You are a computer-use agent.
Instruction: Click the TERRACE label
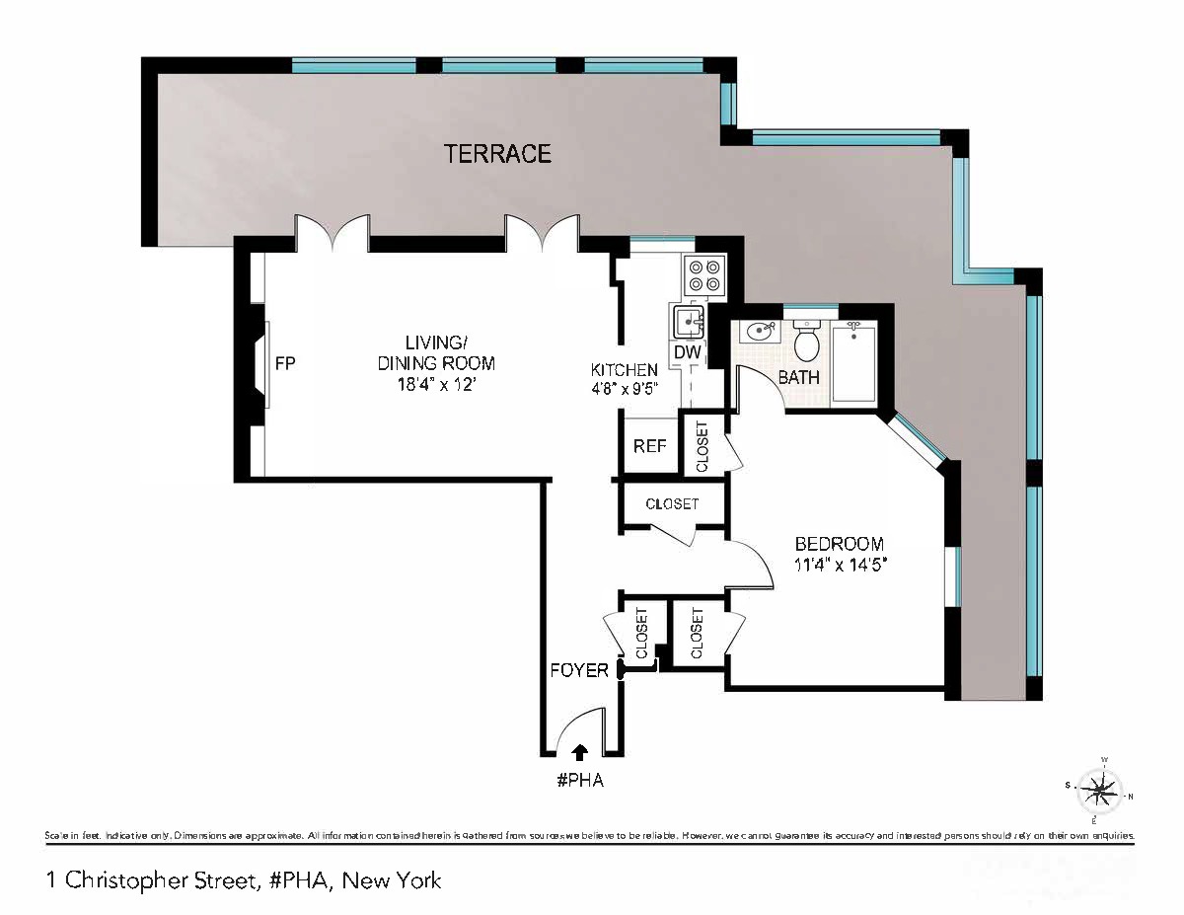click(x=497, y=154)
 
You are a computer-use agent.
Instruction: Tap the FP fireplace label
click(x=285, y=363)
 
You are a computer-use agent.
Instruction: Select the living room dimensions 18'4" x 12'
click(x=436, y=383)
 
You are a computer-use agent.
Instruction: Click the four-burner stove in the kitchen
click(x=705, y=274)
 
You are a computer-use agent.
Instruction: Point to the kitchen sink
click(x=689, y=322)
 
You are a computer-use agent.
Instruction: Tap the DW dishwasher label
click(x=687, y=352)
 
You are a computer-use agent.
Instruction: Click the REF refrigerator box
click(x=649, y=446)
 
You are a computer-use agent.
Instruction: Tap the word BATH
click(x=798, y=377)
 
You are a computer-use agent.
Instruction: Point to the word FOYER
click(x=579, y=670)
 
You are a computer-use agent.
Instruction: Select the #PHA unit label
click(x=579, y=781)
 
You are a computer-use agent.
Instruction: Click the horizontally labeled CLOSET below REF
click(x=672, y=503)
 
